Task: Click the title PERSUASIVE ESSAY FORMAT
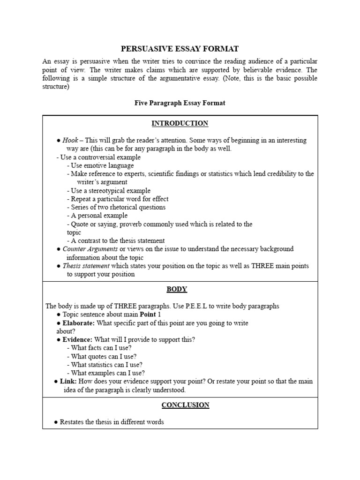180,49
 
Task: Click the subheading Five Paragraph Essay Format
180,103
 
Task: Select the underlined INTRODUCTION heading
180,123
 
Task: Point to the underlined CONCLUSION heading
186,405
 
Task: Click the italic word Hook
70,140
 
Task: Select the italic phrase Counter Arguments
90,249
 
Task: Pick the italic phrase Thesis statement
86,266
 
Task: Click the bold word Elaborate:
79,323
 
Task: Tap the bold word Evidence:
78,339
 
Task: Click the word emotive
95,165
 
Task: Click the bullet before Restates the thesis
56,422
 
